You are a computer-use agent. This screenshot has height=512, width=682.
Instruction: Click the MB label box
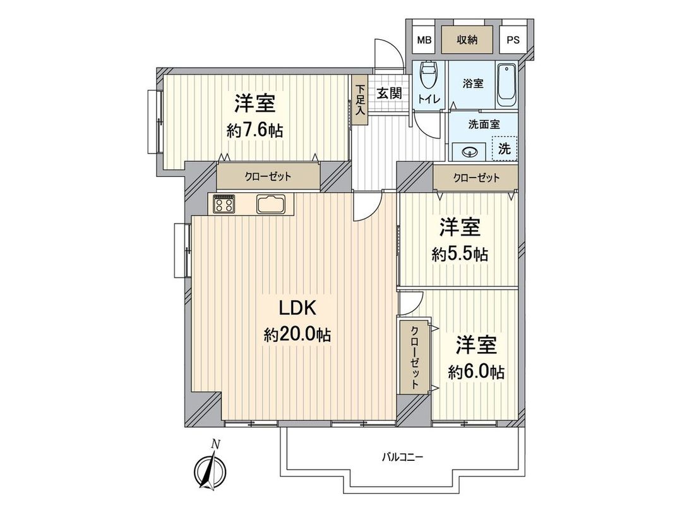coord(424,40)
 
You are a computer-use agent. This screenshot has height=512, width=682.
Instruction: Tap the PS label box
coord(513,40)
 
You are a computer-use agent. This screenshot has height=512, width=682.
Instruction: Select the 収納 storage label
coord(468,40)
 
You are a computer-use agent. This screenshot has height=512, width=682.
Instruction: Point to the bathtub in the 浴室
coord(506,85)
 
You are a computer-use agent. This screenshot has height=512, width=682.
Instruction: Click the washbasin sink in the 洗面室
coord(470,151)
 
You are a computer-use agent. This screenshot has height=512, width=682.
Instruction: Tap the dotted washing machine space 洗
coord(504,149)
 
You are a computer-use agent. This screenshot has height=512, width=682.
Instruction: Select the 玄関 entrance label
coord(390,93)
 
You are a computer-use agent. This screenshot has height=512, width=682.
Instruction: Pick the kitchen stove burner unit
coord(224,204)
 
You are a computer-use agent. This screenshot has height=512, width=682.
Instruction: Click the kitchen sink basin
coord(272,204)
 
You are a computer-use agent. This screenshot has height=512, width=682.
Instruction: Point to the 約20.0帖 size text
coord(297,335)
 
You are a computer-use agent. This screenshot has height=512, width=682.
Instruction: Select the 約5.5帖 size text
coord(460,254)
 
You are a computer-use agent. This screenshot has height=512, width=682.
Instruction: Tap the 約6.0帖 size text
coord(477,372)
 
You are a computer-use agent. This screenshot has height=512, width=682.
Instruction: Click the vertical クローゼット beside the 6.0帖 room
coord(414,358)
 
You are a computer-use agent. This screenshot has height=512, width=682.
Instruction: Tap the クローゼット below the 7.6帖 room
coord(268,176)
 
